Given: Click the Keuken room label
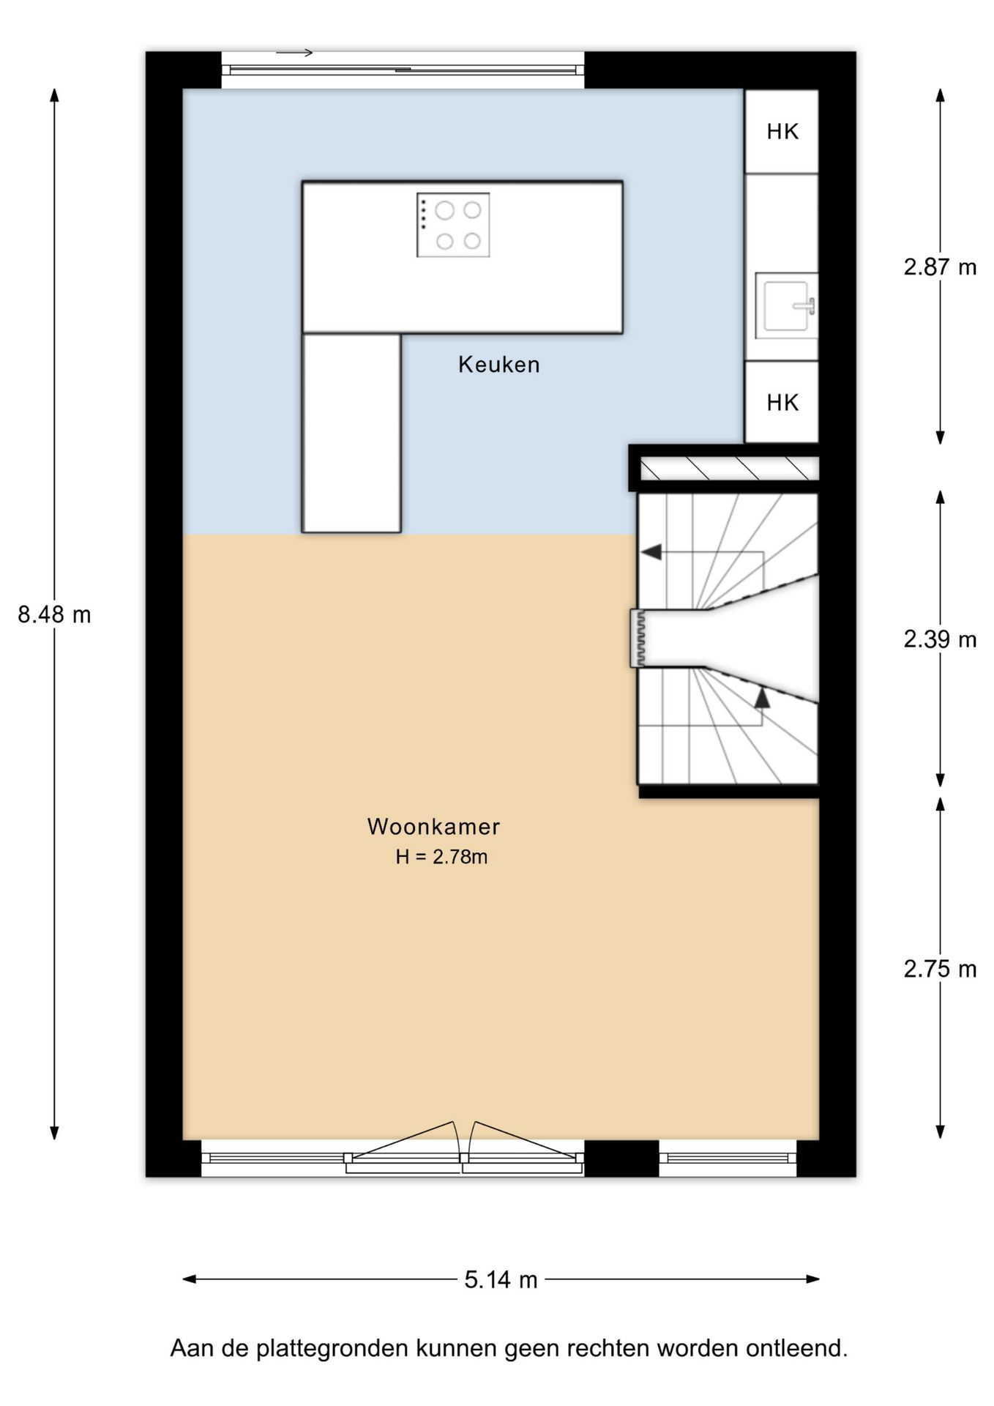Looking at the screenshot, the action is click(498, 364).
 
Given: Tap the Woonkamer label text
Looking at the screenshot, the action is click(433, 826).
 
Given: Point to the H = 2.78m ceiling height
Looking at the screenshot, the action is click(441, 857).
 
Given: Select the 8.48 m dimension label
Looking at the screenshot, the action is click(54, 614).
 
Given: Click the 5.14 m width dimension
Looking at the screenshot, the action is click(501, 1279).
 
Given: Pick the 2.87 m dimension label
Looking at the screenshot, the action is click(940, 267).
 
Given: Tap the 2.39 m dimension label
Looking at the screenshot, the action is click(940, 639).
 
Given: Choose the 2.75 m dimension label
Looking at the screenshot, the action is click(940, 969).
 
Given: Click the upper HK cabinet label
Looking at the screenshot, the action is click(782, 132).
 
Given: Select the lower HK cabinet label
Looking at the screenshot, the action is click(782, 402).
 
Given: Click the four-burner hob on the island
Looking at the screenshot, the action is click(453, 225).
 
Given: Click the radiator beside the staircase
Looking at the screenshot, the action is click(638, 638).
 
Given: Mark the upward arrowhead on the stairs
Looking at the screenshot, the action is click(762, 697).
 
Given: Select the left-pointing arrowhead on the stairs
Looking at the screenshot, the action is click(651, 552).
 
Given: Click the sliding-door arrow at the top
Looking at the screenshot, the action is click(294, 53).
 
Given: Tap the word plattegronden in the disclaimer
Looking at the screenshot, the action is click(332, 1348).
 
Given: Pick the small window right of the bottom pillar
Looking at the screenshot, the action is click(728, 1158).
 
